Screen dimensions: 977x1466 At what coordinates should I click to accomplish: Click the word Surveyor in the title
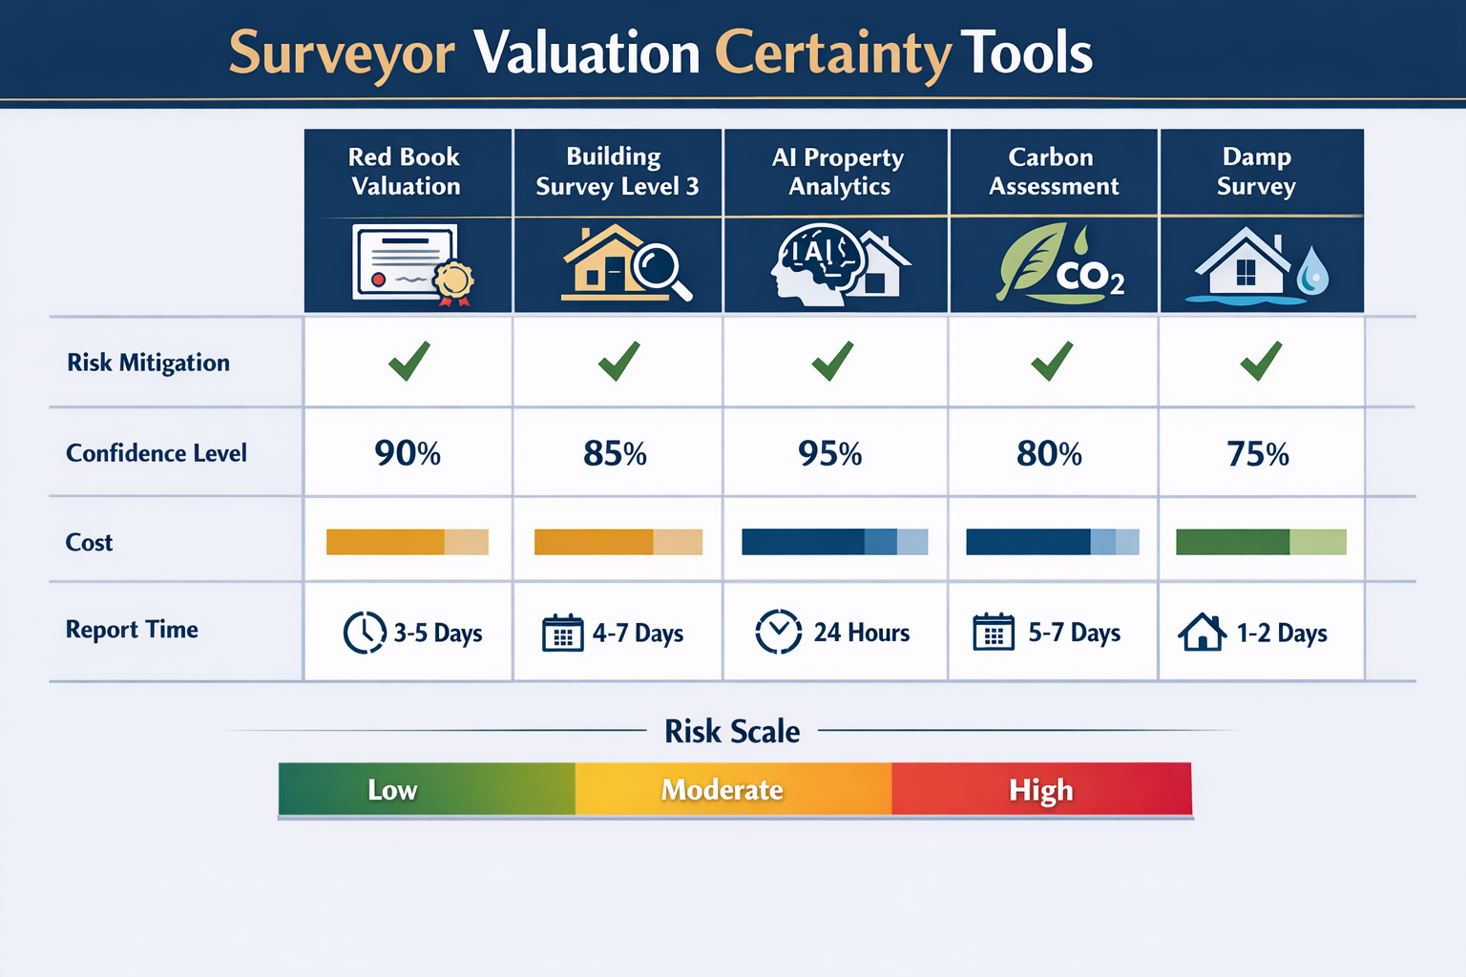(x=341, y=53)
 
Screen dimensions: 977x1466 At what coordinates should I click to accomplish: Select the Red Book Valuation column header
(x=405, y=172)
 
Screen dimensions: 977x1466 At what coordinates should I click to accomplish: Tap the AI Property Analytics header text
(x=838, y=172)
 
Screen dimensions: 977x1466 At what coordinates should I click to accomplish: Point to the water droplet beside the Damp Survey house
(x=1313, y=271)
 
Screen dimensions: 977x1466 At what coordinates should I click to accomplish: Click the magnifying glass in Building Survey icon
(x=660, y=268)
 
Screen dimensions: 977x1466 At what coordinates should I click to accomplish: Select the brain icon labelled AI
(x=816, y=261)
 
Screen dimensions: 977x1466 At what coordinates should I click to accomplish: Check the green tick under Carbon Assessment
(x=1052, y=362)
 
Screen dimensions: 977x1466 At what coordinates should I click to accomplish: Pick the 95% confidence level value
(x=829, y=454)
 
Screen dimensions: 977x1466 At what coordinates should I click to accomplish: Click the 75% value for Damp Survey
(x=1257, y=454)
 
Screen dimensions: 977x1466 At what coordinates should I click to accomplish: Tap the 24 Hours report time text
(x=861, y=633)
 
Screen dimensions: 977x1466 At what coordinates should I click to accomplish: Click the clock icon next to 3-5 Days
(x=365, y=633)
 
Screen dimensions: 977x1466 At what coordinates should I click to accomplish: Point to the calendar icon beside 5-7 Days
(x=994, y=633)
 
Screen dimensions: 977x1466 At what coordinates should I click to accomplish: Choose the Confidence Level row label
(x=157, y=453)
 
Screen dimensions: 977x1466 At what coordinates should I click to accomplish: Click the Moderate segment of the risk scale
(x=723, y=790)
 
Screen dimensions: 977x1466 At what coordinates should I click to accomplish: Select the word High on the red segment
(x=1040, y=790)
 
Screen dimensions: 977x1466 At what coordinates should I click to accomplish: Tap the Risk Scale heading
(x=732, y=732)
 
